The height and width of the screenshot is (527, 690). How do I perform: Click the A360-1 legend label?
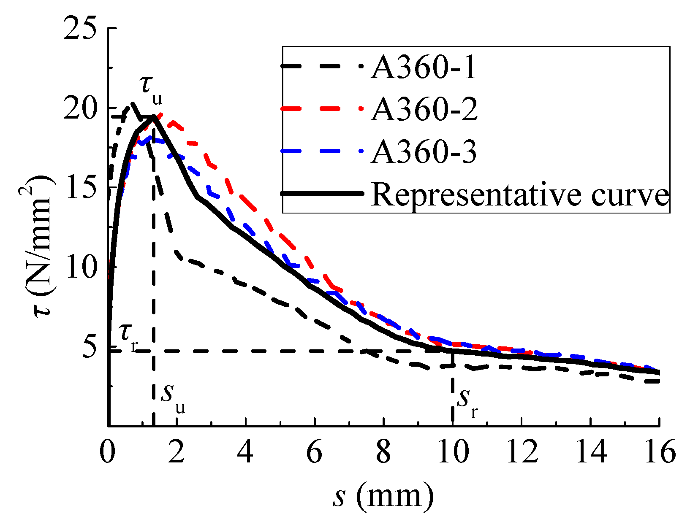424,68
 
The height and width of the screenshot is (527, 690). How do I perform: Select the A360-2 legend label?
424,110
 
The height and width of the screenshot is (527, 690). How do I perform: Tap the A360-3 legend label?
424,152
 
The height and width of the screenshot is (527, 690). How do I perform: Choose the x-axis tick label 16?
659,453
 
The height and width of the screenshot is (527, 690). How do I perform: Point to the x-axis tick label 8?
383,453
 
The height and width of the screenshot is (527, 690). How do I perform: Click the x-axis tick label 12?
521,453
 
